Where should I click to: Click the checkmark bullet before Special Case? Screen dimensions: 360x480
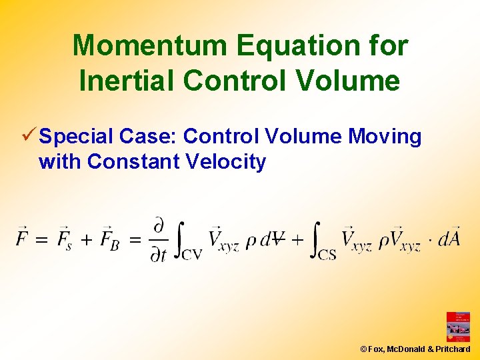(29, 136)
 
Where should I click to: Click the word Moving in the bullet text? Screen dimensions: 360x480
(385, 137)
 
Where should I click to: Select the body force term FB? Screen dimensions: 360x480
(111, 239)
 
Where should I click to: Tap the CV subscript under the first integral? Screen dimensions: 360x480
(191, 255)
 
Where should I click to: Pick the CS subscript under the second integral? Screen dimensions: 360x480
(327, 255)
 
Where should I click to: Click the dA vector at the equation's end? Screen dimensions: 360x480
(449, 238)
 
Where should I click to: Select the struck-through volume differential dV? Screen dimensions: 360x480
(273, 239)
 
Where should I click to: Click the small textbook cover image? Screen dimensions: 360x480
(457, 327)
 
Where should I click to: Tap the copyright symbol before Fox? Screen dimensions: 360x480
(363, 349)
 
